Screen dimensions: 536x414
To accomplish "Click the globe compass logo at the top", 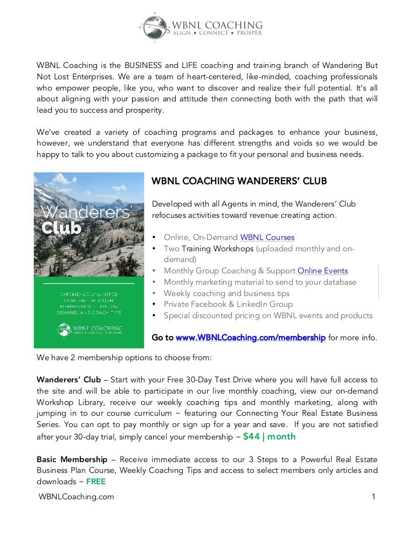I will click(x=153, y=26).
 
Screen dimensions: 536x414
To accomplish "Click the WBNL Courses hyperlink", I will click(x=267, y=237).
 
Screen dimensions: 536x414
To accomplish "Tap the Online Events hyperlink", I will click(x=322, y=271).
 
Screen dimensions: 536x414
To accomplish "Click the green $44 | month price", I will click(x=270, y=436).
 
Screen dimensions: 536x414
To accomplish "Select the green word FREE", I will click(x=96, y=482).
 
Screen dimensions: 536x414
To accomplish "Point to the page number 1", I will click(x=373, y=497).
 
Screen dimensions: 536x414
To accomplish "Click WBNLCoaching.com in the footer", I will click(x=75, y=497).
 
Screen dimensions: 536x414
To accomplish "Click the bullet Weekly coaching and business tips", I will click(x=226, y=293).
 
